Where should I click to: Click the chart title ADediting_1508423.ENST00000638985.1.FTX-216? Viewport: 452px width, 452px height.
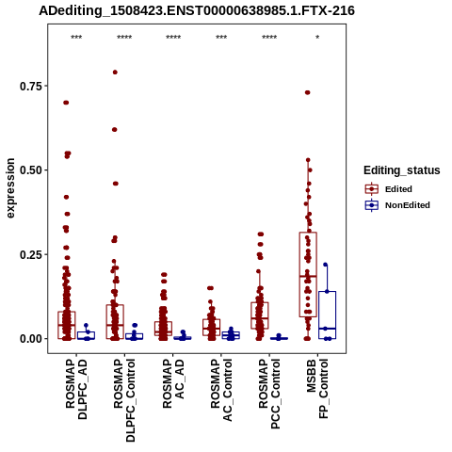click(x=197, y=10)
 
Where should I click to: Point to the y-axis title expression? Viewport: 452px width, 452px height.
click(x=10, y=188)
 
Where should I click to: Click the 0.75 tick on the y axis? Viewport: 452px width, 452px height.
click(x=31, y=86)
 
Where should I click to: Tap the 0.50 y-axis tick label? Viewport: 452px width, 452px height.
click(x=31, y=170)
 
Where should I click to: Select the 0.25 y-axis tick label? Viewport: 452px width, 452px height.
click(x=31, y=254)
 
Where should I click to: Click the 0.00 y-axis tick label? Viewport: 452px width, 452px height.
click(x=31, y=339)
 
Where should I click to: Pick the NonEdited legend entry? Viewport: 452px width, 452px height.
click(x=397, y=205)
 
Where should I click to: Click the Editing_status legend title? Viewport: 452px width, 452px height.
click(x=402, y=170)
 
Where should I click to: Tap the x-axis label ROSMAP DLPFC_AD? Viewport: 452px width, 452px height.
click(x=76, y=389)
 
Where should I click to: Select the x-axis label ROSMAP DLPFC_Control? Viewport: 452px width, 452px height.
click(x=124, y=400)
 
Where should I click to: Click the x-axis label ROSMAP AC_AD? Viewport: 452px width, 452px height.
click(x=173, y=383)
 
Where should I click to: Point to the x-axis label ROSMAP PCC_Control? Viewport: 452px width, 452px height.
click(x=269, y=394)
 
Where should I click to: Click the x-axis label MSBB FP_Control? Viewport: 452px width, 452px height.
click(x=317, y=389)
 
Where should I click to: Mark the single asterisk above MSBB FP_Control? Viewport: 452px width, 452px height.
click(x=317, y=38)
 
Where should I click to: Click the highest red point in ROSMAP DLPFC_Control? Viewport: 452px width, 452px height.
click(x=115, y=73)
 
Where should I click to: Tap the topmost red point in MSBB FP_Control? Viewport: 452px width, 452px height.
click(x=307, y=92)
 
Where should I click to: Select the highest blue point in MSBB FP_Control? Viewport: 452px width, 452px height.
click(x=326, y=265)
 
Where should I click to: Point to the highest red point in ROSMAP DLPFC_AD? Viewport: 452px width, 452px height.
click(x=66, y=103)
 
